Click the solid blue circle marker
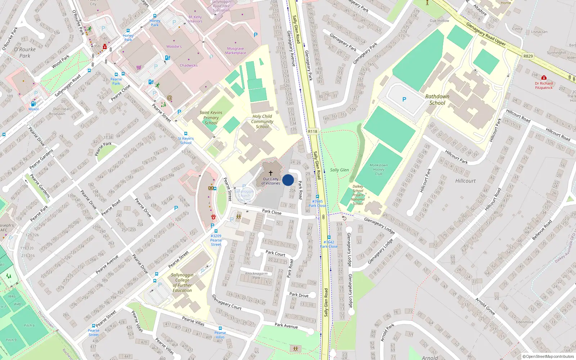click(288, 180)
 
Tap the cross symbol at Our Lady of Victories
click(271, 173)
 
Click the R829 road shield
click(528, 56)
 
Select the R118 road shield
click(312, 131)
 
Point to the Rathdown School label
click(437, 100)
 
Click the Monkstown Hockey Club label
click(379, 169)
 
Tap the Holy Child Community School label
click(262, 121)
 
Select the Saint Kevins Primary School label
click(211, 118)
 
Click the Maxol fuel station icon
click(33, 104)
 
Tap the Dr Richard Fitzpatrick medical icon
click(544, 78)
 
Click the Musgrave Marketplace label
click(235, 51)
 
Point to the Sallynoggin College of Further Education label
click(182, 283)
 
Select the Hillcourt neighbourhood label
click(465, 181)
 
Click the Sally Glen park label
click(339, 170)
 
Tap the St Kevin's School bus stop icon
click(186, 134)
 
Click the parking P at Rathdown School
click(404, 99)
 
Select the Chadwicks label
click(189, 66)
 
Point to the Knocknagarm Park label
click(256, 275)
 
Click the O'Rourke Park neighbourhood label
click(25, 53)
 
